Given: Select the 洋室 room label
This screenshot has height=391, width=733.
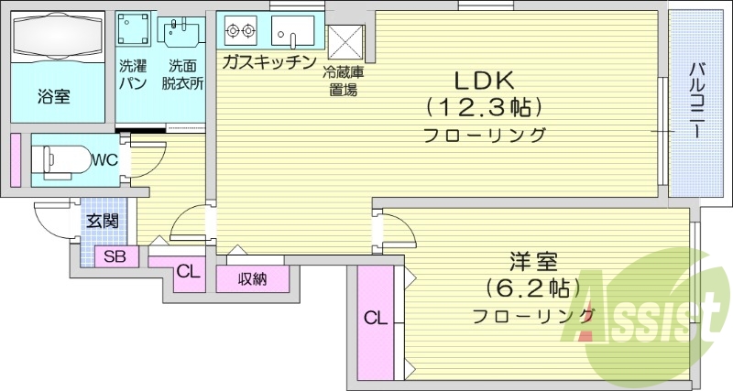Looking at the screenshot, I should (x=533, y=263).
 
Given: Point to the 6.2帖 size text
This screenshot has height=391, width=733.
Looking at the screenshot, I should (x=533, y=288).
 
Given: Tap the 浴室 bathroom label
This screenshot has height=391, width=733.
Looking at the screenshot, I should (x=54, y=96).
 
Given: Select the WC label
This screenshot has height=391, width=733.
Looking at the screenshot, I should (x=104, y=159).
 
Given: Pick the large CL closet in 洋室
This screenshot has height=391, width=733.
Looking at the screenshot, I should (x=375, y=319).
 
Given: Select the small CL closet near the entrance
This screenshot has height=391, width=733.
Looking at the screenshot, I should (x=187, y=271).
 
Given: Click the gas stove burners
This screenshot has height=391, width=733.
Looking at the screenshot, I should (x=241, y=32).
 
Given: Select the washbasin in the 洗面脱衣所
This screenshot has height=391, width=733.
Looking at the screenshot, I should (x=183, y=33).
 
